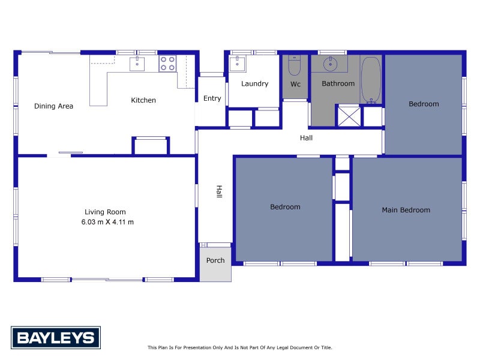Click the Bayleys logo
click(56, 337)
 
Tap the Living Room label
click(105, 212)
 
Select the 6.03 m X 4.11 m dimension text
click(107, 222)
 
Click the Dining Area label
click(53, 106)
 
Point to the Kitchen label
click(143, 100)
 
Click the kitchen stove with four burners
click(167, 63)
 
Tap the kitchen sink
click(137, 63)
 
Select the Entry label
click(212, 98)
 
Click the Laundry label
click(254, 83)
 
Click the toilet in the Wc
click(295, 66)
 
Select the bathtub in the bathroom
click(371, 80)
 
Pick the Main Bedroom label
click(406, 210)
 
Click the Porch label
click(215, 260)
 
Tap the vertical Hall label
click(219, 191)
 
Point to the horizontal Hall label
click(306, 138)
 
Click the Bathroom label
click(338, 83)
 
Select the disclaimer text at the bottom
click(239, 347)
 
